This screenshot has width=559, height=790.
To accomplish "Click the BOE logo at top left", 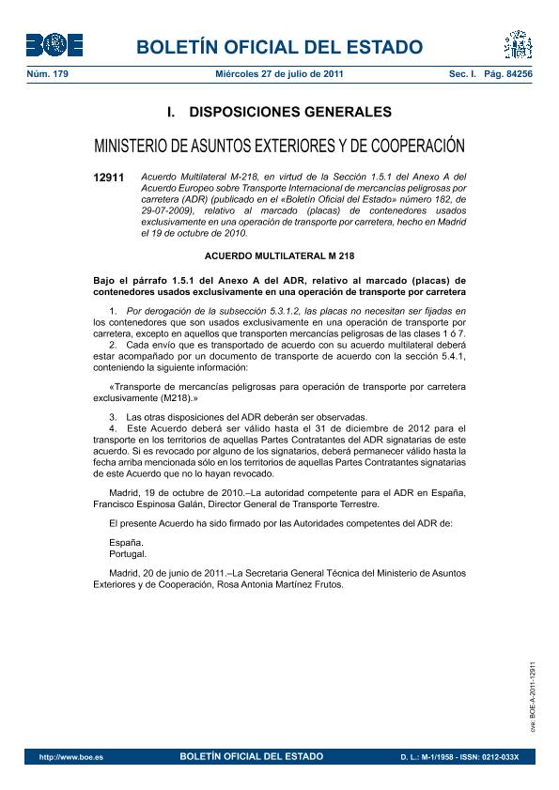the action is (54, 44).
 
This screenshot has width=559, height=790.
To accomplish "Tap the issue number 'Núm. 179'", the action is (47, 73).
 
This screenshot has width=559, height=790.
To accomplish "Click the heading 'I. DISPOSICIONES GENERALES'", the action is (279, 112).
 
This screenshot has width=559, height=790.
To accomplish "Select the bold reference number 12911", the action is (109, 177).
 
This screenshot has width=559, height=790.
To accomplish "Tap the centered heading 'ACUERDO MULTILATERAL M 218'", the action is (279, 256).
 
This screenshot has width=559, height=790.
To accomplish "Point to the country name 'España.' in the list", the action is (127, 543).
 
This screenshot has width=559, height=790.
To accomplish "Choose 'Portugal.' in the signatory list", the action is (129, 554).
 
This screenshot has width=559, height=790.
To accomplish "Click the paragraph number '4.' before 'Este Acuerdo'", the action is (113, 427).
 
